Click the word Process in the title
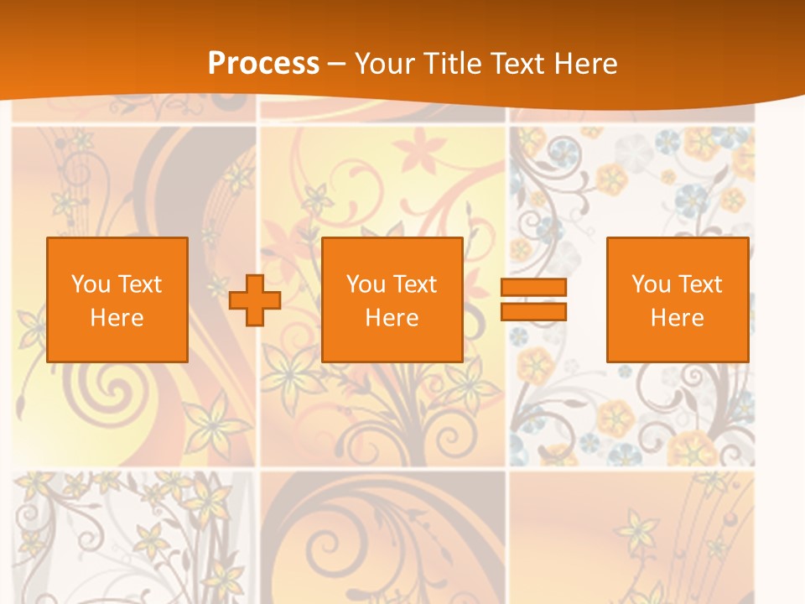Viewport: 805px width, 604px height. click(x=263, y=64)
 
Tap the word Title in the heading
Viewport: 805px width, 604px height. click(x=451, y=64)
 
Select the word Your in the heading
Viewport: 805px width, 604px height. click(x=386, y=64)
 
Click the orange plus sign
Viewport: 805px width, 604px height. click(x=255, y=300)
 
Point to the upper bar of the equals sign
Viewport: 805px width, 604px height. click(x=533, y=288)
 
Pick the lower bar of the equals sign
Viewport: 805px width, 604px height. click(x=533, y=311)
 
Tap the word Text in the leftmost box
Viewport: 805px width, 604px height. click(x=141, y=284)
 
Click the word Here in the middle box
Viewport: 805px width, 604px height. click(x=392, y=318)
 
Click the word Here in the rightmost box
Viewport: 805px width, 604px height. click(x=678, y=318)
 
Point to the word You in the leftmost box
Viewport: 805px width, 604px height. click(x=91, y=284)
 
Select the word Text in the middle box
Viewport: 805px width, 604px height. click(x=416, y=284)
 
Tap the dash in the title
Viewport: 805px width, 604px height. click(x=337, y=65)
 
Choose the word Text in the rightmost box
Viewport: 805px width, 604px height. click(x=701, y=284)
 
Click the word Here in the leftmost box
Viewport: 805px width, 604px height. click(x=117, y=318)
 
